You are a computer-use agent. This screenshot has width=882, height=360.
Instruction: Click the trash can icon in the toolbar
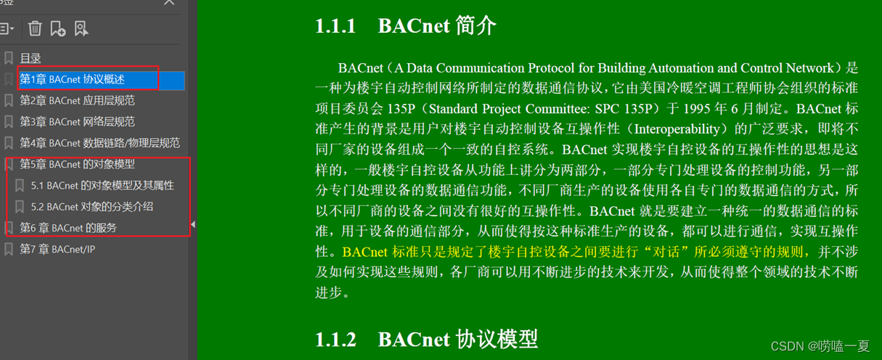(35, 28)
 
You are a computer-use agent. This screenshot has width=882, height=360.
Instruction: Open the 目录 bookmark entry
(30, 58)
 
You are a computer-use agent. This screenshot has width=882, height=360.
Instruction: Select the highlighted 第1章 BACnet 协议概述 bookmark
(73, 79)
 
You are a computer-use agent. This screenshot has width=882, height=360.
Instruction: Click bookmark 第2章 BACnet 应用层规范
(77, 100)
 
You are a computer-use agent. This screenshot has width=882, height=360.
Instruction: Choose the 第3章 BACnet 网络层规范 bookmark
(77, 121)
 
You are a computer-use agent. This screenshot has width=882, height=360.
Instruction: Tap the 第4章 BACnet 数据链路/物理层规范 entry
(99, 143)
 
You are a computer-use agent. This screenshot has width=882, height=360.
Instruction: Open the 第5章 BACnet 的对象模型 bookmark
(77, 164)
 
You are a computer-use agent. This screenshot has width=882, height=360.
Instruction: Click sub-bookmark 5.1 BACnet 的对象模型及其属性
(102, 185)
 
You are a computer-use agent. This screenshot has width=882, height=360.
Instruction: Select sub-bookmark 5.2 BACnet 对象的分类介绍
(92, 206)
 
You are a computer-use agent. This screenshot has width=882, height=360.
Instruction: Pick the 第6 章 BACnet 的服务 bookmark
(68, 228)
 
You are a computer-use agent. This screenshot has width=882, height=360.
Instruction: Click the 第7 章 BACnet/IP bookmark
(57, 249)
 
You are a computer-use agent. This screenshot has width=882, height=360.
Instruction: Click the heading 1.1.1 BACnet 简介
(406, 26)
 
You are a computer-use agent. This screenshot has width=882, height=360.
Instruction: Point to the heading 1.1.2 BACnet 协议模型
(426, 339)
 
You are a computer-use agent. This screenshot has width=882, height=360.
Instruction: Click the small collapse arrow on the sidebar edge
(192, 225)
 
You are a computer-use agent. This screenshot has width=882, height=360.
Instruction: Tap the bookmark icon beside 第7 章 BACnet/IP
(9, 249)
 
